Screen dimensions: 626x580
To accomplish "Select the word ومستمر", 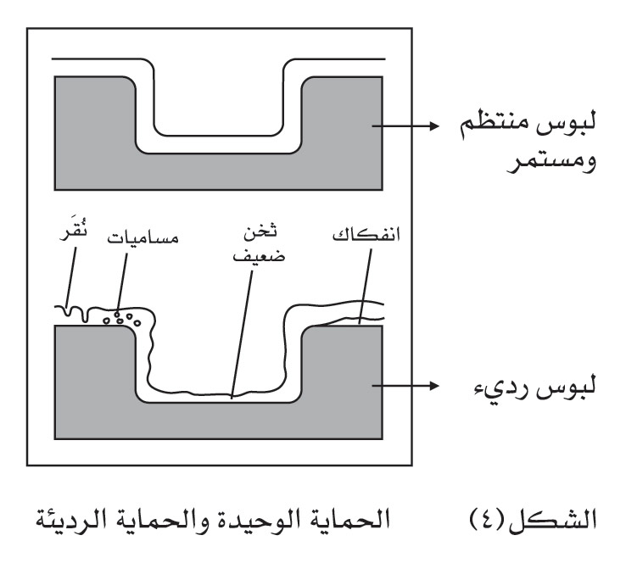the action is click(x=551, y=162).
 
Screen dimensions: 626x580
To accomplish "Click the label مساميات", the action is click(x=143, y=238).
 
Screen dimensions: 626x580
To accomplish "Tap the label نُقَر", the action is click(x=74, y=232).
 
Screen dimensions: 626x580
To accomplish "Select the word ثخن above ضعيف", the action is click(x=260, y=231).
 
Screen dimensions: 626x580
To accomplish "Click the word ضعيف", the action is click(x=259, y=255).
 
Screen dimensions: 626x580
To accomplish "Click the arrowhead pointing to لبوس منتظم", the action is click(x=434, y=125).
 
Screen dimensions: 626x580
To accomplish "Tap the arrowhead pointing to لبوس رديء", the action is click(x=434, y=386).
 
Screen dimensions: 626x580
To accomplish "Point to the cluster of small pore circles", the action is click(x=122, y=318).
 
